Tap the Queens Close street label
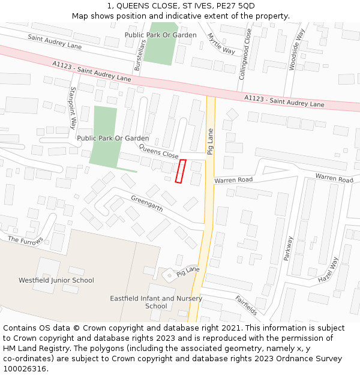[158, 151]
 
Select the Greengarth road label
[147, 203]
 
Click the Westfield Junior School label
[56, 280]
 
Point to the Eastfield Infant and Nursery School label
[156, 302]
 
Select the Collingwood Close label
[245, 54]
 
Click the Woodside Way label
[296, 49]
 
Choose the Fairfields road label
[246, 305]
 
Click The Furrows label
[26, 240]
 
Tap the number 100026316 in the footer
[25, 368]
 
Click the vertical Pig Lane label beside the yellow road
[210, 142]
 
